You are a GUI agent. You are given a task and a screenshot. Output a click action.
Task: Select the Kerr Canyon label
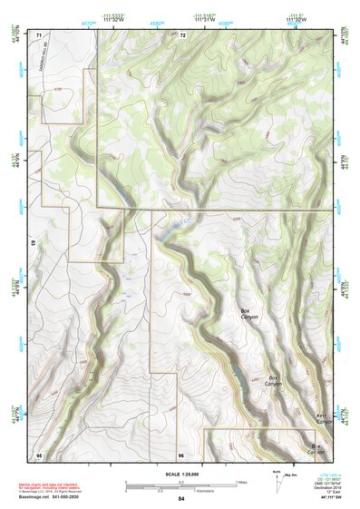coord(322,419)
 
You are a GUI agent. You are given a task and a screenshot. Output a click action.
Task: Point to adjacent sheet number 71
coord(39,34)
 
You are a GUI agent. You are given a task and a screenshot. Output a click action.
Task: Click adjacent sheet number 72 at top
coord(182,34)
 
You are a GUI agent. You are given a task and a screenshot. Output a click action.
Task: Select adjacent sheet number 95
coord(38,453)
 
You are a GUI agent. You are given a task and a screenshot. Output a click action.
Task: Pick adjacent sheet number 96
coord(181,453)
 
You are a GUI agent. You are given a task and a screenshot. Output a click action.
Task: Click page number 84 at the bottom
coord(181,499)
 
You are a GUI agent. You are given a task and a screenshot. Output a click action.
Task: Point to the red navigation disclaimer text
coord(54,487)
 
